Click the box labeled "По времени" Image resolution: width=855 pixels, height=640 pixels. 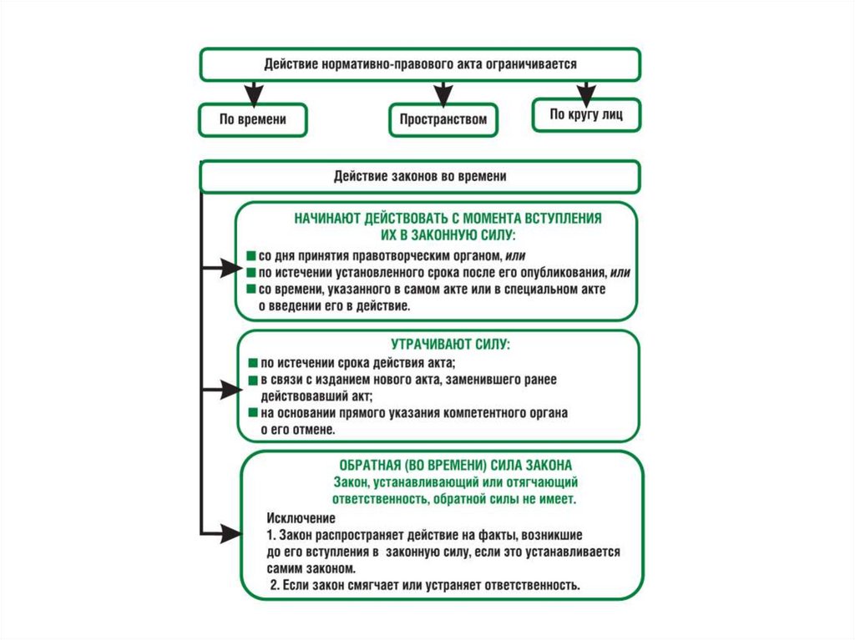(x=252, y=119)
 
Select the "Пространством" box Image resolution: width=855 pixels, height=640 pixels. (x=443, y=119)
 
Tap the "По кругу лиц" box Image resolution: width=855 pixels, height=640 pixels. (x=586, y=114)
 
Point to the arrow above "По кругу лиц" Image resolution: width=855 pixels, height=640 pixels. (x=586, y=88)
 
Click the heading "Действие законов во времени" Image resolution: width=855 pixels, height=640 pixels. (x=419, y=176)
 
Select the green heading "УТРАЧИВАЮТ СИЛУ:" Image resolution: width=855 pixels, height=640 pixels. (x=438, y=344)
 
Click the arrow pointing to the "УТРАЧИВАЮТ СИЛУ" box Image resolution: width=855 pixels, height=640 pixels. (x=224, y=388)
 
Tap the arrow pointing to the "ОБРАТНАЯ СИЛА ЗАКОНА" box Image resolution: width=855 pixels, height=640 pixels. (x=224, y=531)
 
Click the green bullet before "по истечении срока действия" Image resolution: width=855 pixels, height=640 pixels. (x=251, y=363)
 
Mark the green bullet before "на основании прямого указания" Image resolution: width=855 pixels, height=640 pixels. (x=251, y=413)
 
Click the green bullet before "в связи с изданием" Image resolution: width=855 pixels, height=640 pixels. (x=251, y=380)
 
